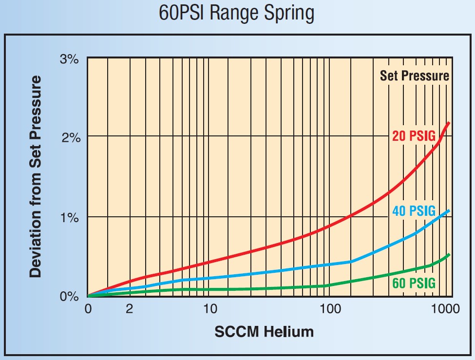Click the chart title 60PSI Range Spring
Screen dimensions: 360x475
237,13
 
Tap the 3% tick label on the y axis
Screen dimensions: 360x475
69,59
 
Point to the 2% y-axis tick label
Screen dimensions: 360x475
69,138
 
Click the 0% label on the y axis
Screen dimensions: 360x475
69,296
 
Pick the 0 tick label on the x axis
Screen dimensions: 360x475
88,309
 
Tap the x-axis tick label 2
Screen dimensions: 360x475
129,309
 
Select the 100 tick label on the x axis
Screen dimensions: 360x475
330,309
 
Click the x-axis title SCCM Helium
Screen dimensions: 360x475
264,332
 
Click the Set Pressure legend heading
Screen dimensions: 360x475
414,76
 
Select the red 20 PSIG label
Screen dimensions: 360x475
414,136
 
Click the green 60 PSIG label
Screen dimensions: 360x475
414,284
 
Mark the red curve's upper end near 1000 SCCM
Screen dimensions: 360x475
449,123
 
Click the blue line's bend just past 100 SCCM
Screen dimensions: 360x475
351,262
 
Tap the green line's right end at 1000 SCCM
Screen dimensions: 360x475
449,254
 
